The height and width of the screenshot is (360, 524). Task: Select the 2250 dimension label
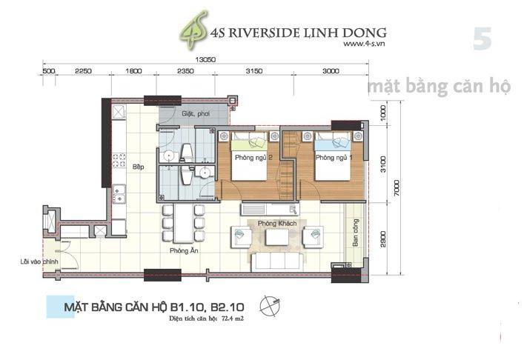pos(82,71)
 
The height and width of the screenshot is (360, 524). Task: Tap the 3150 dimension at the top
pos(254,71)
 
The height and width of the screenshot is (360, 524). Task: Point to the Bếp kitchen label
pos(138,167)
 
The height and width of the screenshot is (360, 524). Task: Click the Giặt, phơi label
pos(197,115)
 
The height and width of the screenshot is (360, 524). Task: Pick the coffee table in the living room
pos(278,236)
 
